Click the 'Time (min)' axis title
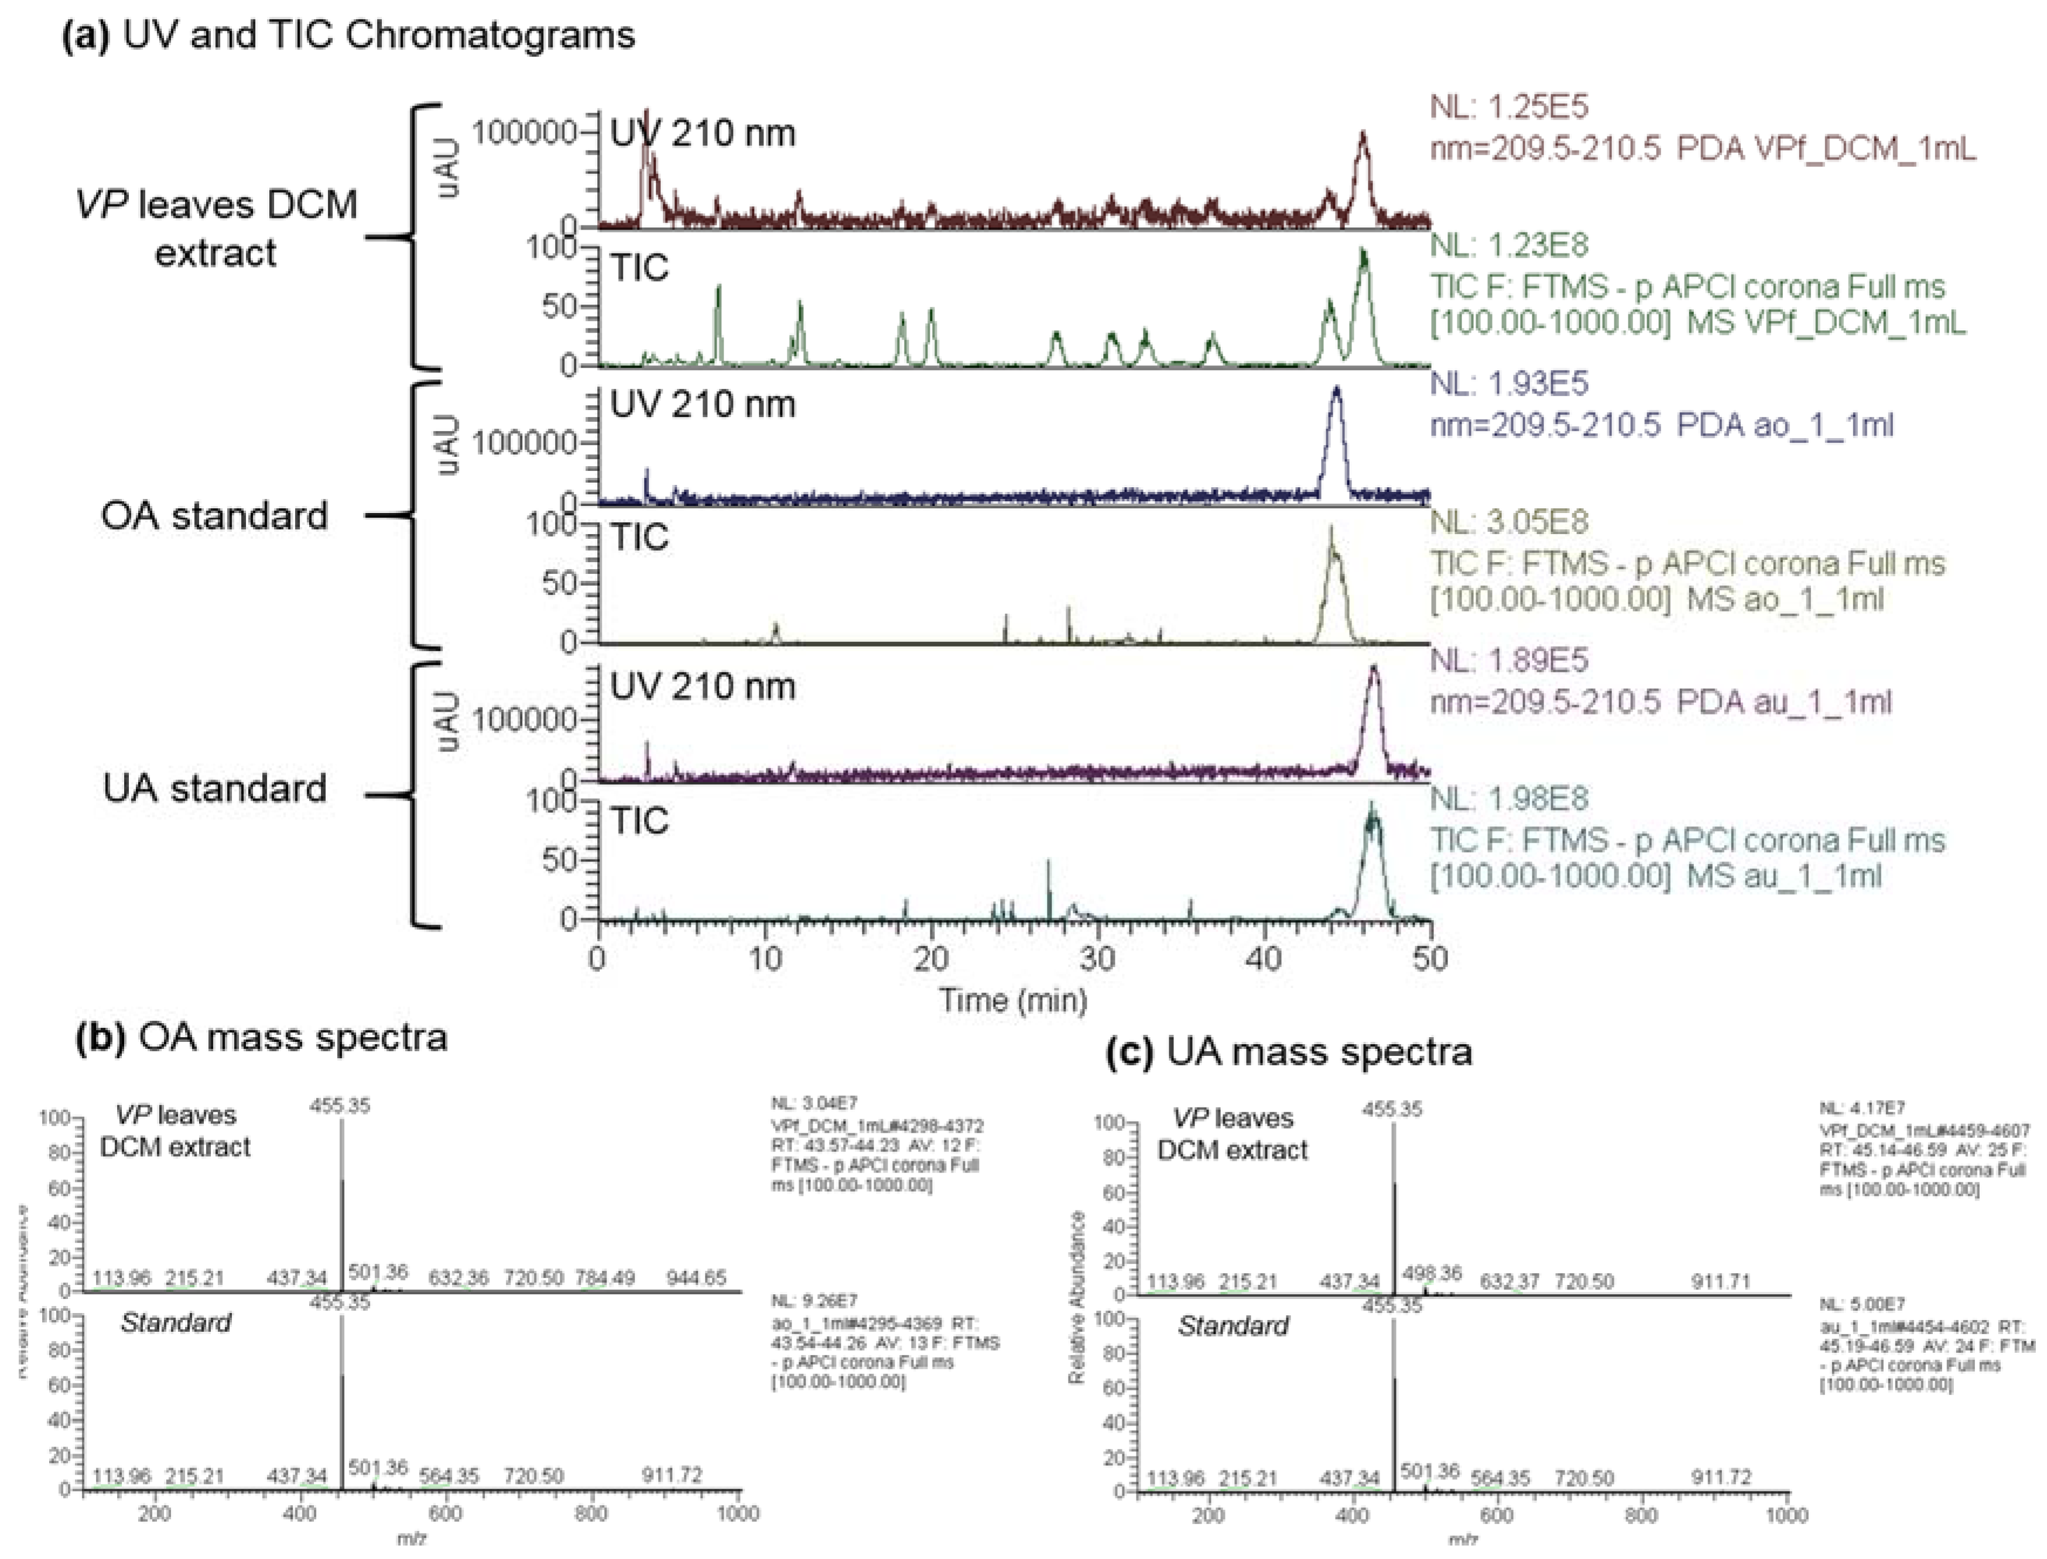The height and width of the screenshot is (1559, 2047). tap(1012, 1000)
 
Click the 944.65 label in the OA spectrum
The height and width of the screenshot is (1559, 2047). tap(696, 1278)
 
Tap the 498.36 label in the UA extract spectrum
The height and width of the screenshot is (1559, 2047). tap(1432, 1273)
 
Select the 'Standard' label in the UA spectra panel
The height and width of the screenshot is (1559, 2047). tap(1233, 1326)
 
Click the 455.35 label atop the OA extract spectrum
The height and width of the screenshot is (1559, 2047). tap(341, 1105)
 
